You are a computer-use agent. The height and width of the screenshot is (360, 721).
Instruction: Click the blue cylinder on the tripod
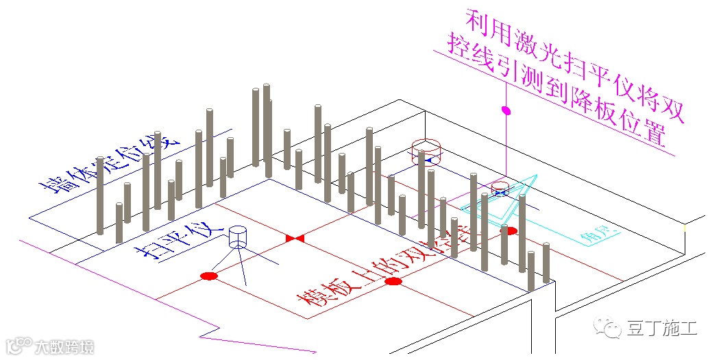tap(238, 237)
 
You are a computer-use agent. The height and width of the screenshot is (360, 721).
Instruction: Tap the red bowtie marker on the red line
tap(295, 238)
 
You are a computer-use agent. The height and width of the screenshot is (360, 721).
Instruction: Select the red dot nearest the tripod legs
tap(209, 276)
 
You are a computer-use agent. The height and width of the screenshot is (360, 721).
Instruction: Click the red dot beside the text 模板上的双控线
tap(393, 281)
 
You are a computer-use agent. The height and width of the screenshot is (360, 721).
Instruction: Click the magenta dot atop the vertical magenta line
tap(506, 110)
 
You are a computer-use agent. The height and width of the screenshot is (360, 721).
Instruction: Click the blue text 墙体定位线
tap(110, 165)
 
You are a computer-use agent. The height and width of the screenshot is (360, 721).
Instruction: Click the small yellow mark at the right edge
tap(685, 226)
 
